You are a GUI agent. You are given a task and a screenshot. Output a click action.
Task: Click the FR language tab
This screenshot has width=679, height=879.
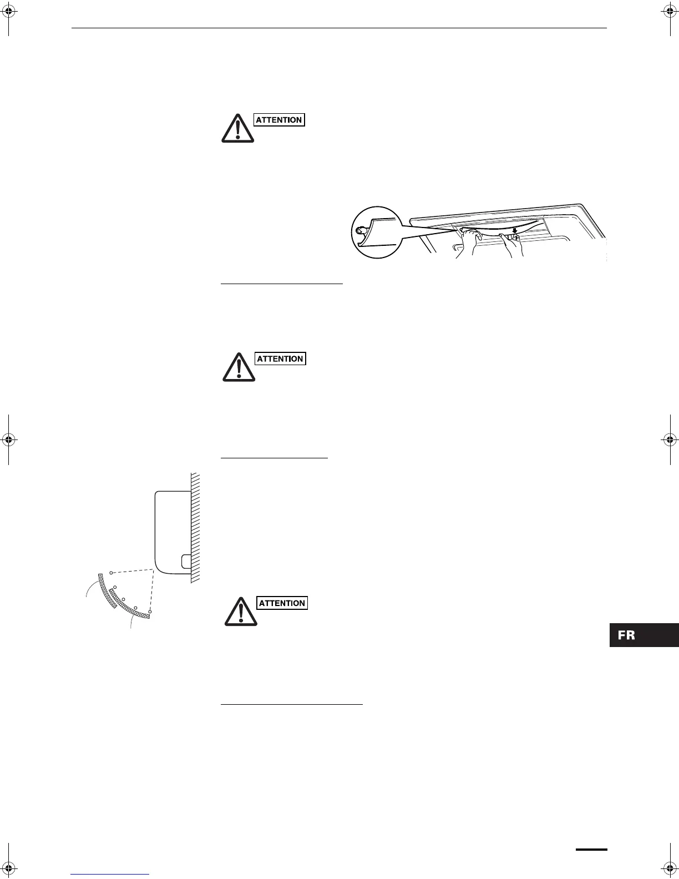[x=643, y=635]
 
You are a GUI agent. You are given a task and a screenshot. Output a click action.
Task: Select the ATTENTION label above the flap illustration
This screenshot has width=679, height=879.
[x=279, y=120]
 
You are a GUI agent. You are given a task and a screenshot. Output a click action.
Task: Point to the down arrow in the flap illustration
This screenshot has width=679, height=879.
[x=515, y=229]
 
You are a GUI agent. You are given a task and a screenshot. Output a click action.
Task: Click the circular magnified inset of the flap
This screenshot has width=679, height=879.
[x=377, y=232]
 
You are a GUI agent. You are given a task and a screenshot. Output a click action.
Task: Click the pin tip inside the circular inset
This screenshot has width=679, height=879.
[x=360, y=228]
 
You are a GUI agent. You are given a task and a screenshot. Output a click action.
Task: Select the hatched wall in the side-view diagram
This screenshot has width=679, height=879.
[x=195, y=527]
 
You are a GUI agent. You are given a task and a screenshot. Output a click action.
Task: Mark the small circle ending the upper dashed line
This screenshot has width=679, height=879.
[x=112, y=572]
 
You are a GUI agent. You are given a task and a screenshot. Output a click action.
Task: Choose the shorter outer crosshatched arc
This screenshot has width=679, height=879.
[x=107, y=591]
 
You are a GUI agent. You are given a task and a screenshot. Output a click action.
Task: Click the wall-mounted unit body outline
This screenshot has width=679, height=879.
[x=169, y=527]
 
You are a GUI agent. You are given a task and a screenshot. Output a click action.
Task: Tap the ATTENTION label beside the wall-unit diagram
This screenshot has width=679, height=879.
[x=282, y=603]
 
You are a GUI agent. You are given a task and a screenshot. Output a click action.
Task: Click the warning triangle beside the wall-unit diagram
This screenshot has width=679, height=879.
[x=240, y=612]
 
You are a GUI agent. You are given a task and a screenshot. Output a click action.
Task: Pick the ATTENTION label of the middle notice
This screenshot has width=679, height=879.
[x=280, y=359]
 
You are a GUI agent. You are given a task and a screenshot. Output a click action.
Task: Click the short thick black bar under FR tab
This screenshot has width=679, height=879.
[x=591, y=848]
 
